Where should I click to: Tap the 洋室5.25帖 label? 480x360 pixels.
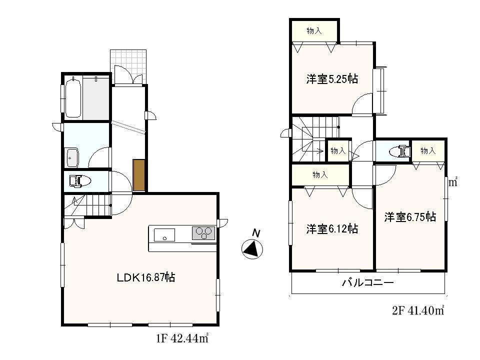coord(332,79)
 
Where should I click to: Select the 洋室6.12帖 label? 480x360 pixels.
coord(332,229)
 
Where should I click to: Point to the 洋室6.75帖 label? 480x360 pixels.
coord(410,217)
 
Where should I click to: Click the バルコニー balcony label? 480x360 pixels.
coord(367,283)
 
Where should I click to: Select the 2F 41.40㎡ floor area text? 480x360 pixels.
coord(418,311)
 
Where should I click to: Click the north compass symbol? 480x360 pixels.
coord(252,248)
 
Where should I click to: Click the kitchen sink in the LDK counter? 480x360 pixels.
coord(164,234)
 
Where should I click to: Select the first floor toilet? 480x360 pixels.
coord(77,180)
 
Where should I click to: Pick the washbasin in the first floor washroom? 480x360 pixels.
coord(72,157)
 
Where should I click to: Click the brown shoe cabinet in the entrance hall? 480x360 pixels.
coord(139,175)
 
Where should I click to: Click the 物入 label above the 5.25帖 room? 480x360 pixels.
coord(314,31)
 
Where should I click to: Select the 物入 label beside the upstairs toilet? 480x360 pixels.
coord(428,150)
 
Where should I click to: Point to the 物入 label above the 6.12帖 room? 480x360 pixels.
coord(320,175)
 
